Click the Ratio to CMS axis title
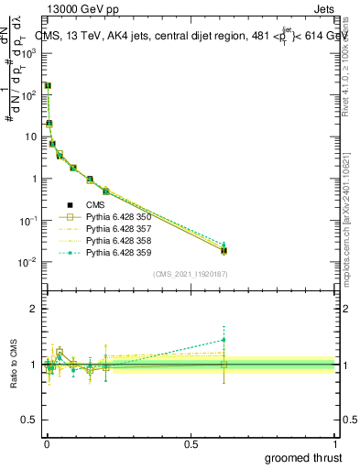(x=16, y=364)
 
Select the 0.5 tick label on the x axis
(x=191, y=442)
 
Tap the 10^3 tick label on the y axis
(x=27, y=52)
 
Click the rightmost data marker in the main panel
(x=224, y=250)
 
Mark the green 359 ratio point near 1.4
(x=224, y=340)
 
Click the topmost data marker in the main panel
(x=48, y=85)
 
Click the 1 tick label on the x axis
(x=335, y=442)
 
